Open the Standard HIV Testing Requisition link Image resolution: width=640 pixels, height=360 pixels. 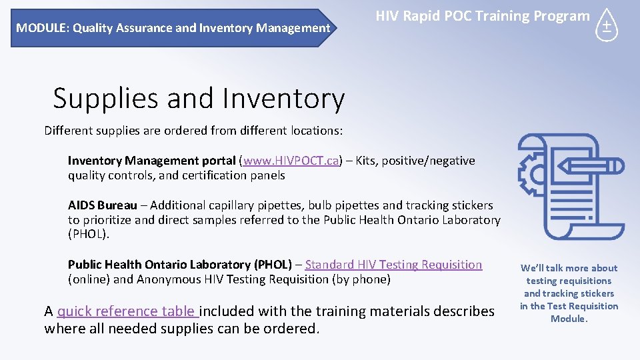coord(393,265)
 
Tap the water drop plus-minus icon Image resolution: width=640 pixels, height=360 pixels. coord(606,26)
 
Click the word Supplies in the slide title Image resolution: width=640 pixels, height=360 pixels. coord(105,99)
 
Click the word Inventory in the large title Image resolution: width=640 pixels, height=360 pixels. coord(283,99)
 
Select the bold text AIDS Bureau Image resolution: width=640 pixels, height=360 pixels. coord(103,205)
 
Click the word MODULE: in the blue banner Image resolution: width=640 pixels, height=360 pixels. coord(43,28)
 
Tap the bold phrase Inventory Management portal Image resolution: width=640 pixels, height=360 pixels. coord(151,161)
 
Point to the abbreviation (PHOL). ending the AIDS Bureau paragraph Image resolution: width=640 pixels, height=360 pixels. coord(88,234)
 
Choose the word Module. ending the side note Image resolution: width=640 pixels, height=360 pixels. coord(569,319)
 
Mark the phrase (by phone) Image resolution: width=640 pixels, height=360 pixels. coord(362,279)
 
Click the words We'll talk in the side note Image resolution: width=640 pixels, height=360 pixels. coord(545,268)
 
